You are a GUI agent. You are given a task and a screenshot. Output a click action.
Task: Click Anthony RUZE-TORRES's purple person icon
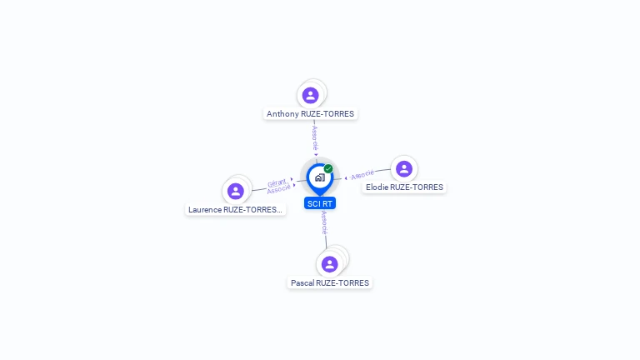(x=311, y=95)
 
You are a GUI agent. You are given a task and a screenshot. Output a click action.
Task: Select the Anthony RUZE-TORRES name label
(x=310, y=113)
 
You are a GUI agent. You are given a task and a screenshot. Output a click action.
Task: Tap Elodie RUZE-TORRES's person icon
(x=404, y=169)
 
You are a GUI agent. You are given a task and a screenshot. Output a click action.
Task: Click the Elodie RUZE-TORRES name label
(x=404, y=187)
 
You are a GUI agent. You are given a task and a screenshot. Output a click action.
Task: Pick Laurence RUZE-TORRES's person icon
(x=236, y=191)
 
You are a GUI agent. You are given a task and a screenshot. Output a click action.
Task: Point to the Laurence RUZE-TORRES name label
(x=236, y=210)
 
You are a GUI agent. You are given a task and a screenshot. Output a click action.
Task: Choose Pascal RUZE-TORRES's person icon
(x=330, y=264)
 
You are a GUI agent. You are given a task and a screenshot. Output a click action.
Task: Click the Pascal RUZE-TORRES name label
(x=330, y=283)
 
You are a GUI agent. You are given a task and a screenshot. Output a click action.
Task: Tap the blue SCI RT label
(x=320, y=203)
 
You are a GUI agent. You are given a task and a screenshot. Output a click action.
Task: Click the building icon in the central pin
(x=319, y=177)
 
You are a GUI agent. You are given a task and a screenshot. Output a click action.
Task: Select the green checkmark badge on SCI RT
(x=328, y=168)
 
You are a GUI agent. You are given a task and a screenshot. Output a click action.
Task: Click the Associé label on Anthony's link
(x=315, y=137)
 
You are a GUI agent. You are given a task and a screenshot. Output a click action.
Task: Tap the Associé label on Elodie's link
(x=362, y=175)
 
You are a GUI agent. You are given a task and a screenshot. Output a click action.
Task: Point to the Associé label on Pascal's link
(x=324, y=222)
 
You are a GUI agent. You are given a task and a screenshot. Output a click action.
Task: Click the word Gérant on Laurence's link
(x=277, y=182)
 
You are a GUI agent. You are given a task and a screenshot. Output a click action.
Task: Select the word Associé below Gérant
(x=278, y=190)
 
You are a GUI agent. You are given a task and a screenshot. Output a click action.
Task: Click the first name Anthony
(x=282, y=113)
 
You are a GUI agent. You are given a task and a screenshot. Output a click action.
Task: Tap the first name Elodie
(x=377, y=187)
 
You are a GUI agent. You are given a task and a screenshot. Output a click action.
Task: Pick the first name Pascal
(x=302, y=283)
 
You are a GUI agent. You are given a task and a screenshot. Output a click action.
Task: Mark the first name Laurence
(x=205, y=210)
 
